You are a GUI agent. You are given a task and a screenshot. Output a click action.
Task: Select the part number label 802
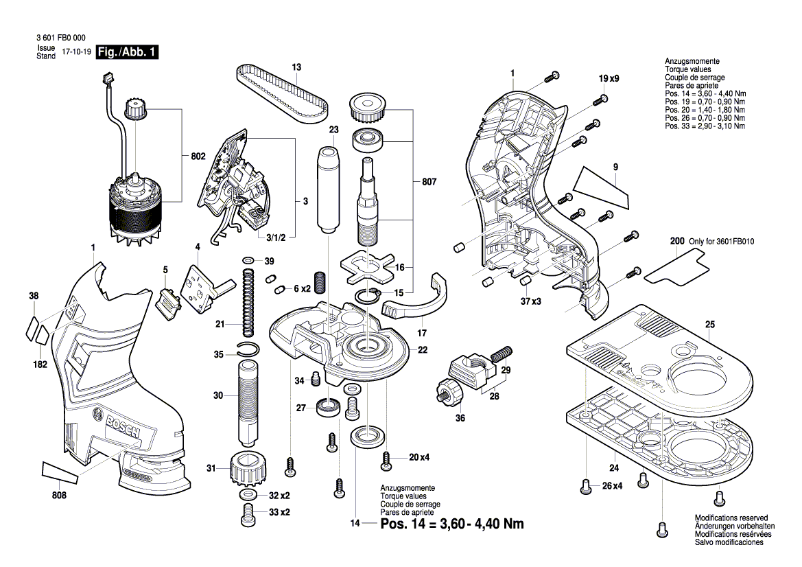point(198,157)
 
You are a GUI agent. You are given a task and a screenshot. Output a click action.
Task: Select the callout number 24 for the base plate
point(613,469)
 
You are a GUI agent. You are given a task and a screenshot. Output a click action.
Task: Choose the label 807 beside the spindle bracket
point(429,183)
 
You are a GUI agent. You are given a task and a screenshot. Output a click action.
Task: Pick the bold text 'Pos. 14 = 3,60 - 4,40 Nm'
point(452,524)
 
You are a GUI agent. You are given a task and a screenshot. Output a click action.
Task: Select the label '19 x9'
point(609,79)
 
